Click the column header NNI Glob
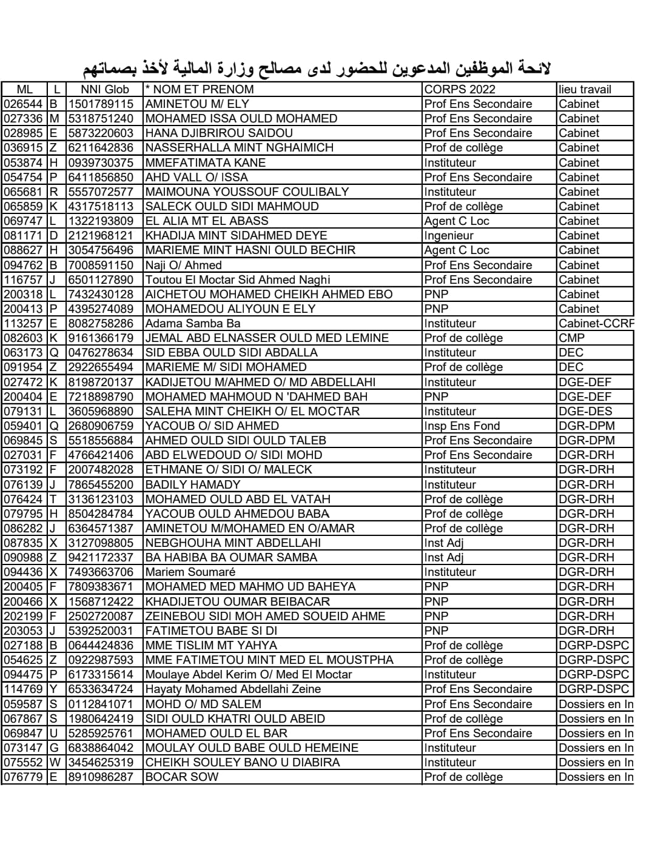(104, 89)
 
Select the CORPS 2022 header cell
(460, 89)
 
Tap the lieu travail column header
(585, 89)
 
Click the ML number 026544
(24, 104)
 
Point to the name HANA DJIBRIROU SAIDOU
(219, 133)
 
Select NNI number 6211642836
(101, 147)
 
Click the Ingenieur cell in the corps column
(449, 235)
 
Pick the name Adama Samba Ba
(193, 323)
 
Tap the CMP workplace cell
(572, 338)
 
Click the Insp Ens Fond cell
(462, 426)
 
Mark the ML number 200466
(24, 601)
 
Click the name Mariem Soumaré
(190, 572)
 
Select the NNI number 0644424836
(101, 645)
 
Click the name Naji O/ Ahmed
(183, 265)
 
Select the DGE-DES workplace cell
(585, 411)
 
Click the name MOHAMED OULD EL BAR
(216, 733)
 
